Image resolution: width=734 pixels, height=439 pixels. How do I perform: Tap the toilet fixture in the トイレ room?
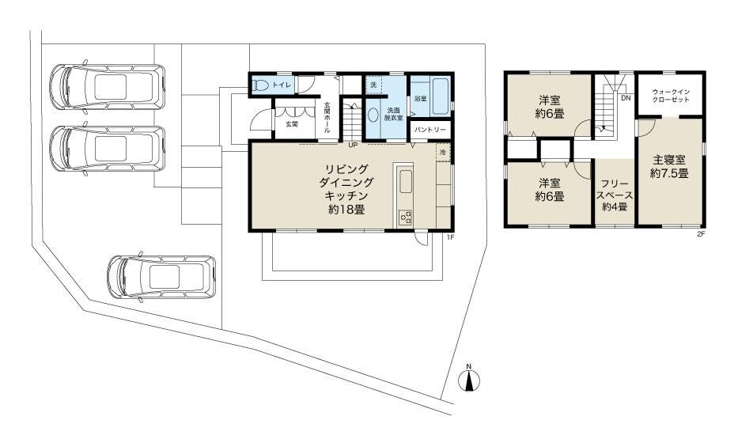point(259,85)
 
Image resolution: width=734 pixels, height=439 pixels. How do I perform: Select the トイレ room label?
point(282,85)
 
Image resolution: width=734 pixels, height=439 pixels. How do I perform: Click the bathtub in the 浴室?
point(441,97)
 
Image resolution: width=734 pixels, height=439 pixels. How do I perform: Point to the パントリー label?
point(430,130)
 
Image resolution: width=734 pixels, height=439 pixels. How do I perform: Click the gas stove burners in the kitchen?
point(406,218)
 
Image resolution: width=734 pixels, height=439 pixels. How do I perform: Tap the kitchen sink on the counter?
point(406,182)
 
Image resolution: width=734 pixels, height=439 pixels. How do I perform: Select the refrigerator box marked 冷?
point(443,152)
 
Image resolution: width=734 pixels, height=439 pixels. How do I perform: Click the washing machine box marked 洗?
point(373,85)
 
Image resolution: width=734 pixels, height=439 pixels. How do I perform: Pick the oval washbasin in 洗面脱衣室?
point(373,115)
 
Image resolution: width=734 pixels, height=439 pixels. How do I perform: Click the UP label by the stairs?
point(353,145)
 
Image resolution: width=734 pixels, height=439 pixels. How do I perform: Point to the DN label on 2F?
point(626,98)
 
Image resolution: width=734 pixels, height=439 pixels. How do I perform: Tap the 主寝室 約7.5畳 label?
point(669,167)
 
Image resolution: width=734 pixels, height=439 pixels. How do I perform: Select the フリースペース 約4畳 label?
point(615,195)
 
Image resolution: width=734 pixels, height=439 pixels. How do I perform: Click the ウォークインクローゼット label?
point(671,96)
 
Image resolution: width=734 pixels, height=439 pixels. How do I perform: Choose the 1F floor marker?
point(450,238)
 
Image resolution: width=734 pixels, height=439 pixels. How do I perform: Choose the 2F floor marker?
point(701,235)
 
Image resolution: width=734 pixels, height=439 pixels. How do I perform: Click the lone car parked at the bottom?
point(161,277)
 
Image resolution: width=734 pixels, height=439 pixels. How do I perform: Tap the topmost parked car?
point(108,87)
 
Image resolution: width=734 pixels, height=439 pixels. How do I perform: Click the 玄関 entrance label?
point(292,124)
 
